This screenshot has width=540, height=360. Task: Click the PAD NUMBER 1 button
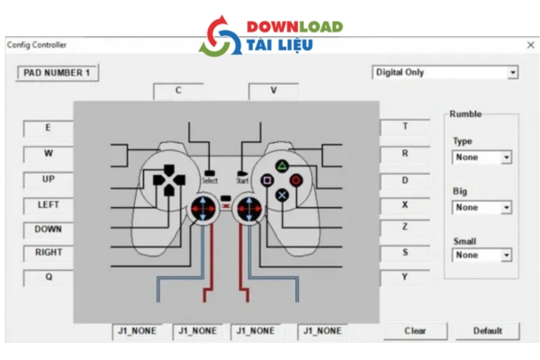click(57, 72)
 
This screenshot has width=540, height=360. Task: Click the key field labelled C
click(177, 90)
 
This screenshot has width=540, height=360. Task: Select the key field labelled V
click(273, 90)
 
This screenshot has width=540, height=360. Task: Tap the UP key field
click(48, 179)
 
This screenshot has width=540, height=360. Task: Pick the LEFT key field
click(48, 204)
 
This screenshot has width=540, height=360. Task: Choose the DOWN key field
click(48, 229)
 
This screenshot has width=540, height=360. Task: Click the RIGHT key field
click(48, 253)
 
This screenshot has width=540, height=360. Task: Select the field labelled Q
click(48, 277)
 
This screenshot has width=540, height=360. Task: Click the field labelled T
click(404, 127)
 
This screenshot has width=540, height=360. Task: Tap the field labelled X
click(404, 204)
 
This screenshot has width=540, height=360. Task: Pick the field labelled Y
click(404, 277)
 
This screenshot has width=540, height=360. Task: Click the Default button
click(487, 330)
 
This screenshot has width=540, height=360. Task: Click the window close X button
click(530, 45)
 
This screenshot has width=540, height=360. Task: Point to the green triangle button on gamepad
click(282, 166)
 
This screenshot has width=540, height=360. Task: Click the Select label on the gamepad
click(209, 180)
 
